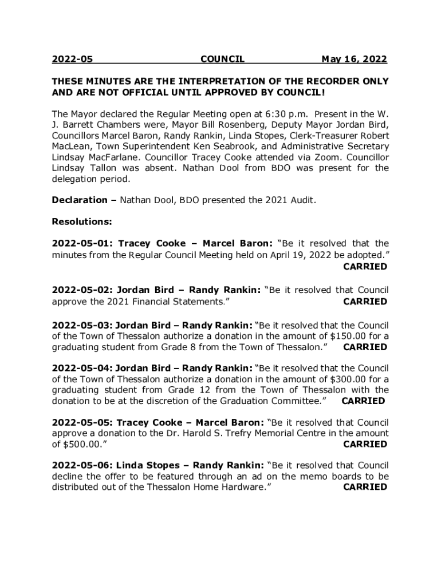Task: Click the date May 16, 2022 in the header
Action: [354, 59]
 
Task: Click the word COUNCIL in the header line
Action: [222, 59]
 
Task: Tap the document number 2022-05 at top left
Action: [72, 59]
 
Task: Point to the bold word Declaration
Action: [79, 200]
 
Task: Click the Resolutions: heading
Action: [81, 221]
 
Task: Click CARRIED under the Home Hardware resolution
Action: [365, 487]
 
